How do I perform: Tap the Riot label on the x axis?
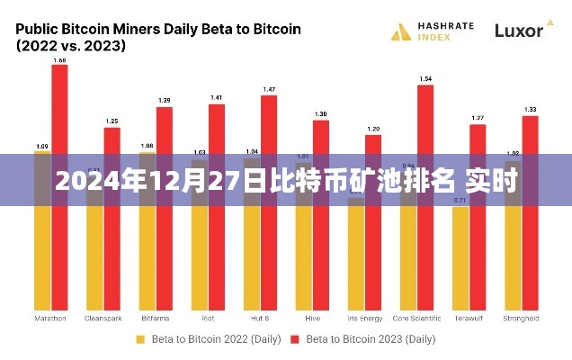coord(208,319)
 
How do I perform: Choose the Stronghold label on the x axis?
coord(522,319)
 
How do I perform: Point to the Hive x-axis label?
coord(312,319)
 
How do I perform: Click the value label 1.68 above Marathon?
coord(60,60)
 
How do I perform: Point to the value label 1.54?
coord(425,79)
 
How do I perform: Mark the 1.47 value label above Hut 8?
coord(269,90)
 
